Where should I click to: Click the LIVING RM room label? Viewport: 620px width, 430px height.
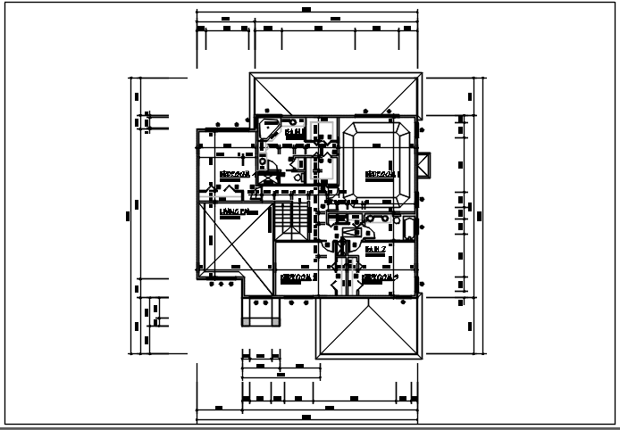coord(238,211)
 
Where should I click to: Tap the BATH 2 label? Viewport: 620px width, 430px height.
coord(375,248)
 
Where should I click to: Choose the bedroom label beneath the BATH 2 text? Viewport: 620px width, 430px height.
coord(381,277)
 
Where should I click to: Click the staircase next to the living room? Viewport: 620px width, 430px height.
coord(283,215)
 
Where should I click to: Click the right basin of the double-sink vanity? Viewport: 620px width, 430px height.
coord(386,218)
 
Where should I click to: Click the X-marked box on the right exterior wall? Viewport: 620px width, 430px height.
coord(424,166)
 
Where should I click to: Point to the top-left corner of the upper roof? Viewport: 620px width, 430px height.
coord(251,76)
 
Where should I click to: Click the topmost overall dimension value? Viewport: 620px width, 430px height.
coord(306,9)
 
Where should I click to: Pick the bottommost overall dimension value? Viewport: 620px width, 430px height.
coord(306,417)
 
